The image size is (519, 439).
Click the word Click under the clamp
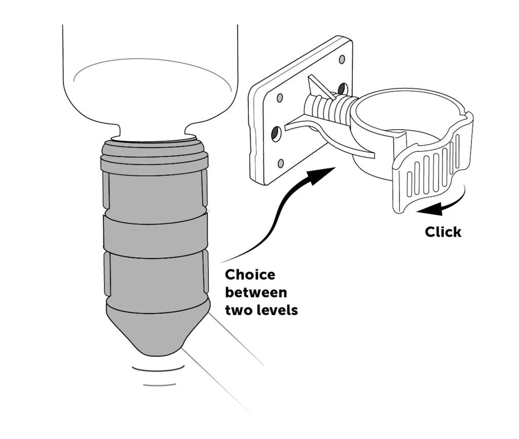pyautogui.click(x=443, y=232)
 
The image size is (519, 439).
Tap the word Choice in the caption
pyautogui.click(x=250, y=275)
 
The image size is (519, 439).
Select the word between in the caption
pyautogui.click(x=256, y=293)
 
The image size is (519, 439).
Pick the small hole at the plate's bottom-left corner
pyautogui.click(x=281, y=163)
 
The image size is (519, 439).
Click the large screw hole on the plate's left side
pyautogui.click(x=275, y=134)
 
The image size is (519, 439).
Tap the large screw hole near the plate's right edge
pyautogui.click(x=343, y=89)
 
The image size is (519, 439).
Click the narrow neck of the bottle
pyautogui.click(x=153, y=132)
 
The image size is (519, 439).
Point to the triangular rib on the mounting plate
pyautogui.click(x=319, y=86)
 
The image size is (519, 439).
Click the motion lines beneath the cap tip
pyautogui.click(x=158, y=376)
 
